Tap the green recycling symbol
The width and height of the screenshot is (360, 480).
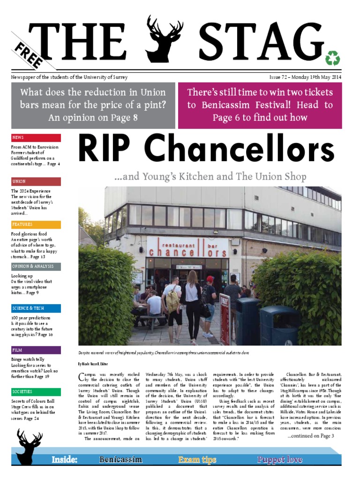332,58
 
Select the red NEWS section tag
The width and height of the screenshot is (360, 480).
36,138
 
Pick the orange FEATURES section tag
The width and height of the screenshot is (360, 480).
36,225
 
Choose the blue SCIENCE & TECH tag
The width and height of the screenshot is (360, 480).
36,308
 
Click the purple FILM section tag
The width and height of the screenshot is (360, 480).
36,350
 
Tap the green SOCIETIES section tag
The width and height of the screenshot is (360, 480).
36,392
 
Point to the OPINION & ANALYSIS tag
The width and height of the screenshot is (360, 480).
36,266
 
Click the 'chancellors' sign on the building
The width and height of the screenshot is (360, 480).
187,251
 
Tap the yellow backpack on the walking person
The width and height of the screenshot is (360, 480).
172,298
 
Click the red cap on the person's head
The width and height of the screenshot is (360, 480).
210,279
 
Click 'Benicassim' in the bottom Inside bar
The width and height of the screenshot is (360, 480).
120,459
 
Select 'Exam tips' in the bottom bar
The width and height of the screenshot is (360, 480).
197,459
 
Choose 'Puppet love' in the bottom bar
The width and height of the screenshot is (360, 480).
279,459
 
